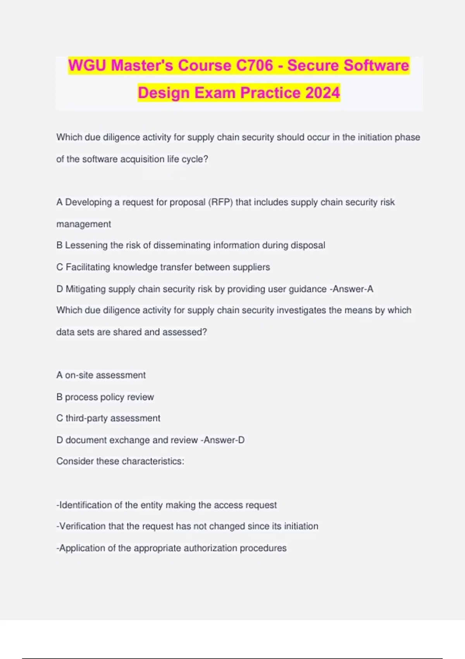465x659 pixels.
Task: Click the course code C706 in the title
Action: [x=254, y=65]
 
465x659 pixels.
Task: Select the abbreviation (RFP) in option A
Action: [x=220, y=202]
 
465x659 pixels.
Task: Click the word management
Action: [x=84, y=224]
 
